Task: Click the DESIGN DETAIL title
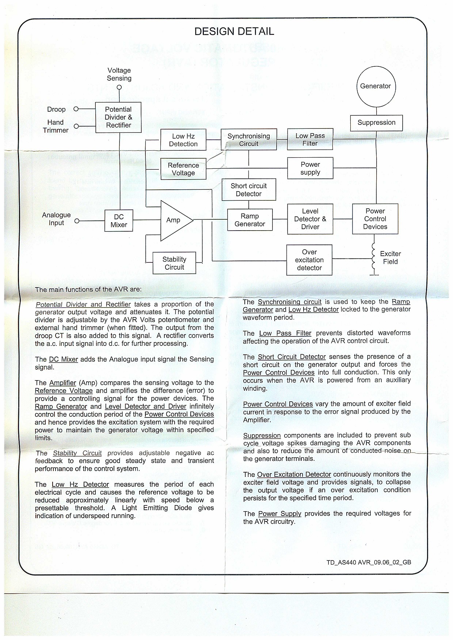coord(234,31)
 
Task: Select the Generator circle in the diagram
coord(376,86)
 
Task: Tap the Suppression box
coord(376,123)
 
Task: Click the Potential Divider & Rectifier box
coord(118,117)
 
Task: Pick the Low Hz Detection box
coord(183,140)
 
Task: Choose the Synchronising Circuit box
coord(249,139)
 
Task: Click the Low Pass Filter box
coord(310,139)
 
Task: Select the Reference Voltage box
coord(183,169)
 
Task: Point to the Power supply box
coord(310,168)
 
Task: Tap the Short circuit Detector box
coord(249,190)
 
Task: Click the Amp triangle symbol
coord(174,220)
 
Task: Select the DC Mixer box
coord(119,221)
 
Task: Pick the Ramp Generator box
coord(250,220)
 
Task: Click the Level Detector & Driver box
coord(310,219)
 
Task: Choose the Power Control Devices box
coord(375,219)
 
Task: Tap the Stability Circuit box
coord(174,263)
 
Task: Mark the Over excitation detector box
coord(309,260)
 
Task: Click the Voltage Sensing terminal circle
coord(119,87)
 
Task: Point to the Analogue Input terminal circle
coord(77,221)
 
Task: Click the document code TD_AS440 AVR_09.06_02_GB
coord(369,562)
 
